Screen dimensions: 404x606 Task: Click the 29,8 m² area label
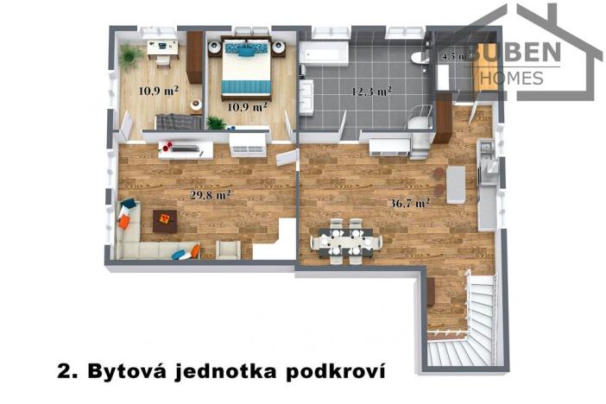[210, 195]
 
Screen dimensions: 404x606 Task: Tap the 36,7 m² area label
[411, 205]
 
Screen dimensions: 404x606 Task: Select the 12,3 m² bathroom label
[372, 91]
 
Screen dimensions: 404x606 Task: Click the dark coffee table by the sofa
[164, 220]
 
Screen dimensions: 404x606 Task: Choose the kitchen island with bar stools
[455, 183]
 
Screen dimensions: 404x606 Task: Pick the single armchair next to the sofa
[228, 249]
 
